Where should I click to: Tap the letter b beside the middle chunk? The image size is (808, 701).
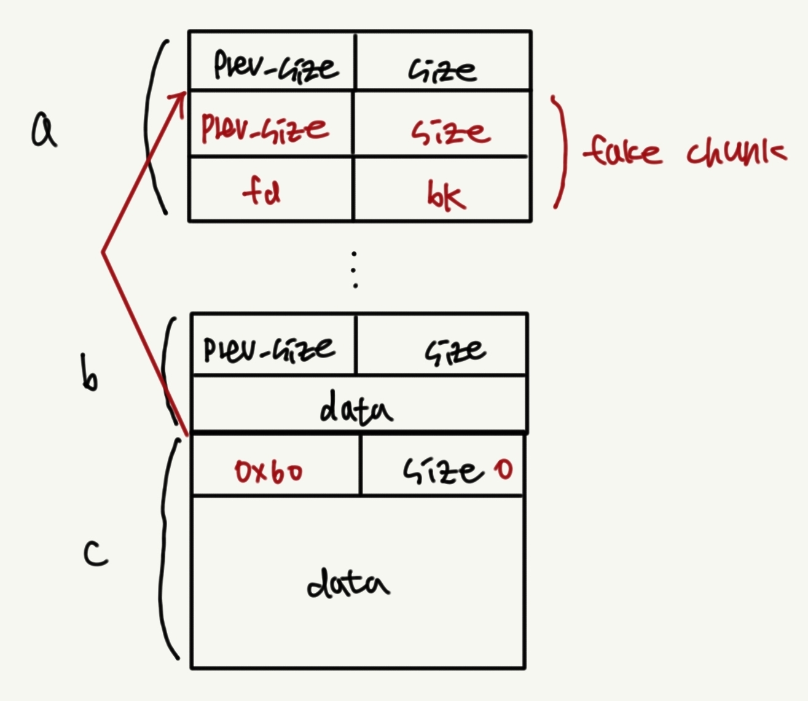click(x=89, y=373)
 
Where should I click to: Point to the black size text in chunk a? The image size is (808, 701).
click(x=442, y=70)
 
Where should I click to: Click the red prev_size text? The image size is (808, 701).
click(x=265, y=128)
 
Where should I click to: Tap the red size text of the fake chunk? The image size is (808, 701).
click(x=450, y=131)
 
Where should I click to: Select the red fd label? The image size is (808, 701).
click(x=262, y=193)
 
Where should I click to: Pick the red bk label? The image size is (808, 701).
click(x=446, y=195)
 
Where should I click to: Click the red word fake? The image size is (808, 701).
click(x=622, y=150)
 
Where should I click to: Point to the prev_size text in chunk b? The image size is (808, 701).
click(x=270, y=349)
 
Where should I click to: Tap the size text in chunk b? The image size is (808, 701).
click(x=455, y=351)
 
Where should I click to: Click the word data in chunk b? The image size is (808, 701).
click(x=356, y=409)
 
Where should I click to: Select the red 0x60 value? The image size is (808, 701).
click(x=269, y=472)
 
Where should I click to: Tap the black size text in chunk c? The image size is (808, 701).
click(x=439, y=471)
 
